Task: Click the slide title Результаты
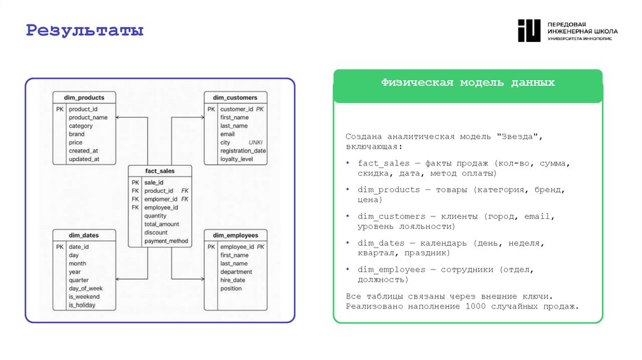85,30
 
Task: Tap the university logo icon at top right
529,31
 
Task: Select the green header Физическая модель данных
468,83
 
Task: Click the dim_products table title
84,97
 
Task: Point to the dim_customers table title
235,97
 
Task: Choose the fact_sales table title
159,171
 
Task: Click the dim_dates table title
84,235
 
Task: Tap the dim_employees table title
235,235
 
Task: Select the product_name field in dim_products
88,117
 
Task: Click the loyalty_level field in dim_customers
236,159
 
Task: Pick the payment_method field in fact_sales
166,241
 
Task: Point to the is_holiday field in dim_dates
83,305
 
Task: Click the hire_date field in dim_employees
233,280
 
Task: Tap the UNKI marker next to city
255,142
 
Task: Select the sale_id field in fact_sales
154,182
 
